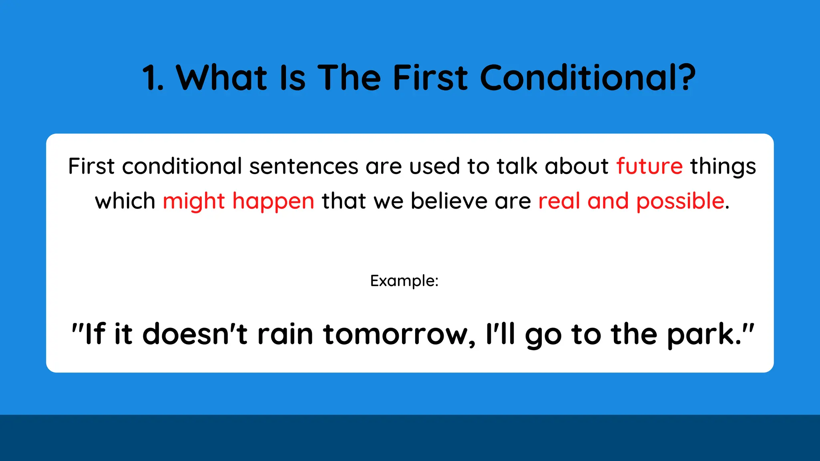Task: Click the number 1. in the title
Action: click(x=153, y=78)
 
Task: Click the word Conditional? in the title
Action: click(x=587, y=78)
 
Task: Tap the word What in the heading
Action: click(x=221, y=78)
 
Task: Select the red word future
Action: click(x=649, y=166)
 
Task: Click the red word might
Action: click(x=194, y=201)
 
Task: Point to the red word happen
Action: click(x=273, y=201)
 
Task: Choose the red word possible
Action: click(x=680, y=201)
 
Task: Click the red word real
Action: click(x=559, y=201)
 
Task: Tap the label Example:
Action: click(x=404, y=281)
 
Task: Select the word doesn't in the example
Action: click(x=195, y=334)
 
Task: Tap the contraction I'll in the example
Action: click(x=500, y=334)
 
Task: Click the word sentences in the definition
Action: click(x=303, y=166)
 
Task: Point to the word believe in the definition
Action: click(x=449, y=201)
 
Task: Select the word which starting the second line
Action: click(x=125, y=201)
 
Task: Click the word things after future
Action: click(x=723, y=166)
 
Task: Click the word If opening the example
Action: click(x=95, y=334)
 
